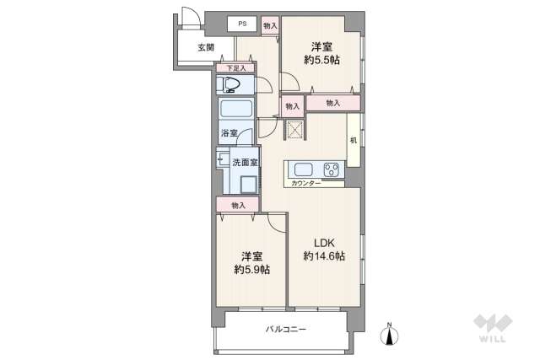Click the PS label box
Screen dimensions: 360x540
pos(242,24)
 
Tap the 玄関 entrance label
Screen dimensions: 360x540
pos(206,47)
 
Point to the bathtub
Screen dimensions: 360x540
pos(236,110)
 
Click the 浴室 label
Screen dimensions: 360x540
pos(229,134)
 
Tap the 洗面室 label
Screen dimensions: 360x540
pos(246,162)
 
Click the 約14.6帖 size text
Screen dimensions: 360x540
pos(324,256)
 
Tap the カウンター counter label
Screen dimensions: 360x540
pos(305,182)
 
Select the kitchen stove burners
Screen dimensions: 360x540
pos(331,169)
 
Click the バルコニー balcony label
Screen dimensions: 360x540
pos(286,329)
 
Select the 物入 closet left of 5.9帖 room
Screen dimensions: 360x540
pos(238,205)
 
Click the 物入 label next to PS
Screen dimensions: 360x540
pos(270,26)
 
